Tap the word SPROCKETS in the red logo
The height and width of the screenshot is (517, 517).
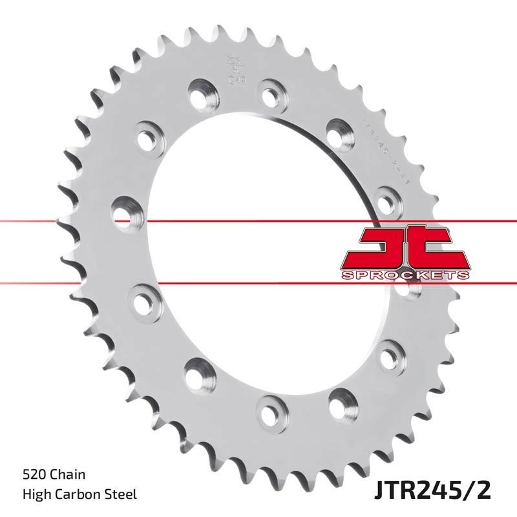tap(405, 275)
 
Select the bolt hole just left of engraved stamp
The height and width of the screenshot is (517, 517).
tap(200, 90)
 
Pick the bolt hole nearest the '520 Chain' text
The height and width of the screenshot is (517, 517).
tap(195, 373)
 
